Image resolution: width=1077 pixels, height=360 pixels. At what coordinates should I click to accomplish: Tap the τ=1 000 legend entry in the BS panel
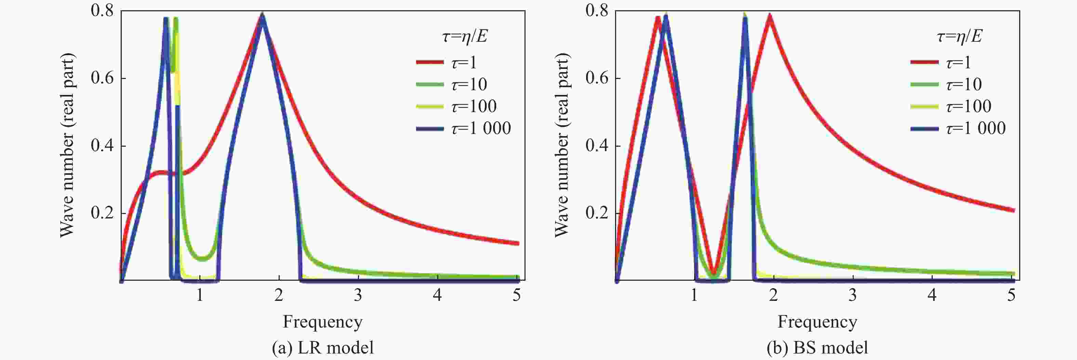coord(958,128)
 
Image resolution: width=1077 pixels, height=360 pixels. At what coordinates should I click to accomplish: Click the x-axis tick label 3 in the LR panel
coord(358,295)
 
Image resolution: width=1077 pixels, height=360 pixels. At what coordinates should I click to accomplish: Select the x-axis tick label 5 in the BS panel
coord(1011,295)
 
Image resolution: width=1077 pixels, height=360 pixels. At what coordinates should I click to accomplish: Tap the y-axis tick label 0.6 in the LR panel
coord(103,78)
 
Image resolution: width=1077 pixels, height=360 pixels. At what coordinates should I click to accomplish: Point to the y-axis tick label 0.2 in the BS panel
coord(597,213)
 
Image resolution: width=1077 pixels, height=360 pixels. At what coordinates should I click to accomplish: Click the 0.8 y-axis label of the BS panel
coord(597,11)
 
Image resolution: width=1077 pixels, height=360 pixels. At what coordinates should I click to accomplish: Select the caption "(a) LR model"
coord(322,347)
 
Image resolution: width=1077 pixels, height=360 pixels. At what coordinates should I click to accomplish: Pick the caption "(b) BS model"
coord(817,347)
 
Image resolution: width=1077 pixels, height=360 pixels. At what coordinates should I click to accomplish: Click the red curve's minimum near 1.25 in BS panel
coord(714,272)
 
